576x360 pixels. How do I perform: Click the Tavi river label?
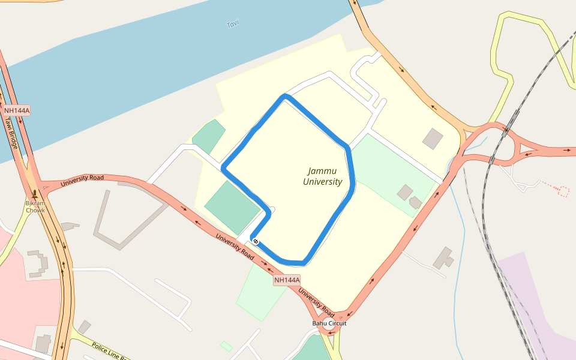[233, 25]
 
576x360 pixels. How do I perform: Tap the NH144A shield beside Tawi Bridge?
[17, 110]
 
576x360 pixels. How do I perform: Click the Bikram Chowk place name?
[35, 206]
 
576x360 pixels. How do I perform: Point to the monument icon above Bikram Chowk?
[35, 194]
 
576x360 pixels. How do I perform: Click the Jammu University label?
[322, 176]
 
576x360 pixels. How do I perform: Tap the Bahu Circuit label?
[329, 323]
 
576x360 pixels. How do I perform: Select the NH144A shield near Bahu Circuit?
[287, 280]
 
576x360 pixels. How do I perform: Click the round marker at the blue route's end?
[256, 241]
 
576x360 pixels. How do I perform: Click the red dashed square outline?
[563, 191]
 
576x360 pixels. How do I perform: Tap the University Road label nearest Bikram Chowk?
[82, 179]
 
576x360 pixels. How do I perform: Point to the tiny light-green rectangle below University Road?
[226, 346]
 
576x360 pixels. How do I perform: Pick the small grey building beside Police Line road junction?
[84, 327]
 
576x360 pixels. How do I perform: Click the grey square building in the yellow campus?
[433, 139]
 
